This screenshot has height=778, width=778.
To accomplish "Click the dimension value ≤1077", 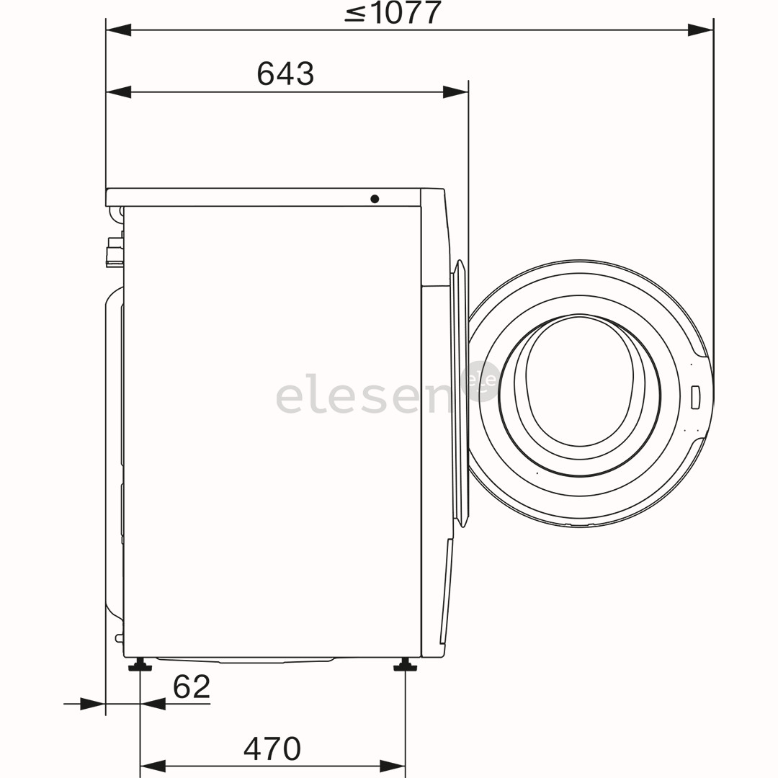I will tap(393, 13).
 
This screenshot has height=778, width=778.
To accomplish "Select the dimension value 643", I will tap(285, 73).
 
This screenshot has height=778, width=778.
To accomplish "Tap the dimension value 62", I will tap(192, 687).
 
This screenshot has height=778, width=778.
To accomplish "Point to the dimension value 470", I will tap(272, 748).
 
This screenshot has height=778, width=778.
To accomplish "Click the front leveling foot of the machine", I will tap(405, 665).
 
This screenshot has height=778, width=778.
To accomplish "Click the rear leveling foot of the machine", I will tap(140, 665).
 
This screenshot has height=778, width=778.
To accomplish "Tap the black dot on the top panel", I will tap(375, 199).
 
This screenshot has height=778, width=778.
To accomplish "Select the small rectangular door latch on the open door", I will tap(695, 397).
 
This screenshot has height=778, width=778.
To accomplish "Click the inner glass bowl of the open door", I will tap(579, 382).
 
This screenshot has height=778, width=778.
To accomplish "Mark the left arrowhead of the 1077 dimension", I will tap(119, 30).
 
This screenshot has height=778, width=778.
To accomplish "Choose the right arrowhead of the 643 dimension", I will tap(455, 92).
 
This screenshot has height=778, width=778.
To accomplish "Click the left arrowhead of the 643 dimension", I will tap(119, 92).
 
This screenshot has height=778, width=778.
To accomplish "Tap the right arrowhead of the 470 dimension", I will tap(392, 766).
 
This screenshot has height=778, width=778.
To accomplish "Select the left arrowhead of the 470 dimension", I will tap(153, 766).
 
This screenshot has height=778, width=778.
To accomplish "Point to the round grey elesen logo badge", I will tap(482, 380).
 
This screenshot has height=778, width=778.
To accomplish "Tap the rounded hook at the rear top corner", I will tap(115, 214).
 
